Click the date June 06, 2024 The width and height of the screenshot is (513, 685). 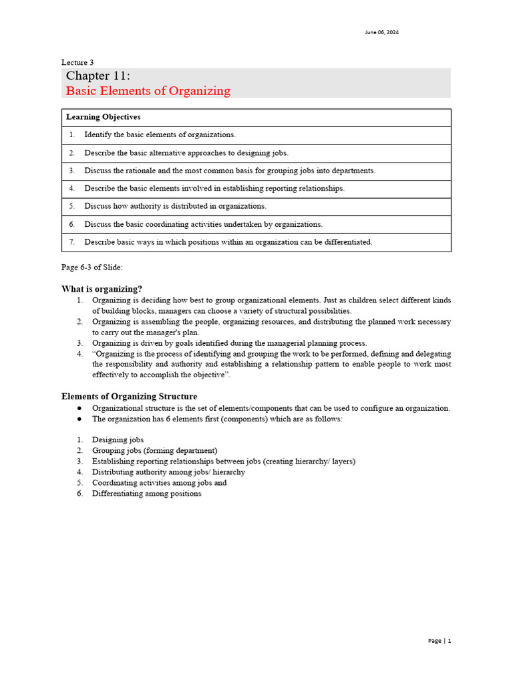382,32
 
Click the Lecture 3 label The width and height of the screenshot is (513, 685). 77,62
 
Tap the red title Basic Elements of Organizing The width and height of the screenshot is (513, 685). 148,91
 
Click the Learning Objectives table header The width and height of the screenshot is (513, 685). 103,117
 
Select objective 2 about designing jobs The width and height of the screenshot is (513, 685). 186,153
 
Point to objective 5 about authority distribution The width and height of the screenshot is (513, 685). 175,206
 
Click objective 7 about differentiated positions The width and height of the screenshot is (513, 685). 228,242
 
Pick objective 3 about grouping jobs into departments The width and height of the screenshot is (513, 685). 230,171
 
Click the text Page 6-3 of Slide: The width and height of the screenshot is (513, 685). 92,268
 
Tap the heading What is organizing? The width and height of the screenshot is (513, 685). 102,289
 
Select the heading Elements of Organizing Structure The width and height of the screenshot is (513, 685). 129,397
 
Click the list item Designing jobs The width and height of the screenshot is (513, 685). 118,440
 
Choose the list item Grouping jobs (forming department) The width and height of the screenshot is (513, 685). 154,451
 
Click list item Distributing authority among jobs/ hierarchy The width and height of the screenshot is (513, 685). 168,472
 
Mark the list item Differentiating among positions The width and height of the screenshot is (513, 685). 146,494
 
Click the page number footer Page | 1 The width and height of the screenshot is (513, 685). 440,641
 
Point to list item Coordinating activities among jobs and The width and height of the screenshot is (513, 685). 159,483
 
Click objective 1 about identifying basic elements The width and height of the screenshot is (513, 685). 160,135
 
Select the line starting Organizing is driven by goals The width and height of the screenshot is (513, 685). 229,343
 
